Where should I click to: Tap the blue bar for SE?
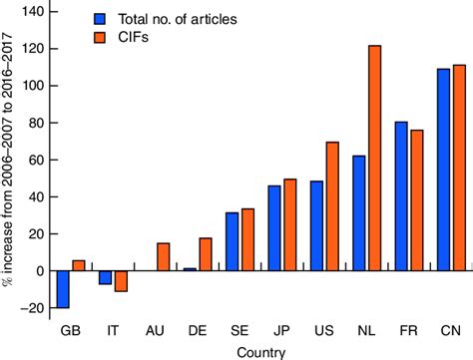pyautogui.click(x=233, y=241)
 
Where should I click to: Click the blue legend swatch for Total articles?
pyautogui.click(x=100, y=18)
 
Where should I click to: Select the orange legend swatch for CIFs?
pyautogui.click(x=100, y=38)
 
